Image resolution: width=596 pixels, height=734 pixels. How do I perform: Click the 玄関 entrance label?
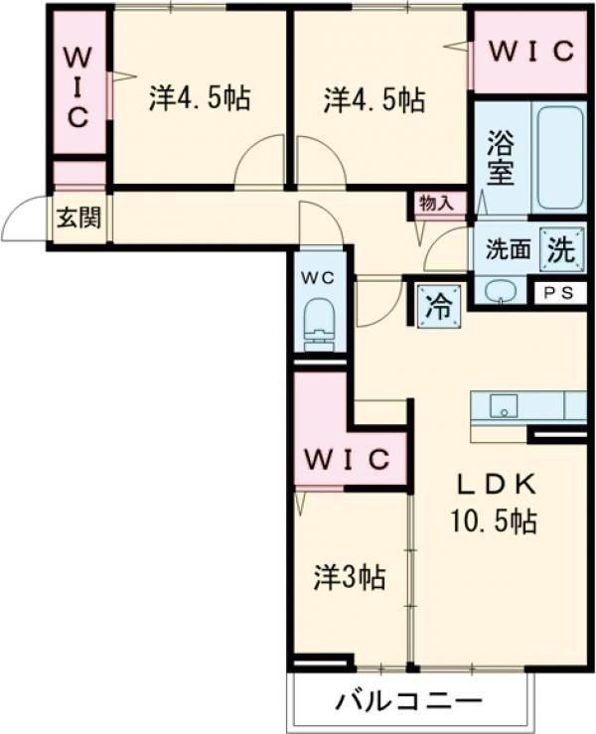coord(78,218)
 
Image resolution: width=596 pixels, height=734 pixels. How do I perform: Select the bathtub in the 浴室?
coord(560,158)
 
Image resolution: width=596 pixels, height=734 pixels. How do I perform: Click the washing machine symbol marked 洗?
coord(562,249)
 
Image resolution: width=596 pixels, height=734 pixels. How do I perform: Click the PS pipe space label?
coord(558,293)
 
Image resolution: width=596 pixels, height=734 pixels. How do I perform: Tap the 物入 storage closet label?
coord(437,204)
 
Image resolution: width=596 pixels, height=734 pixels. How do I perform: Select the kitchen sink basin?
coord(504,406)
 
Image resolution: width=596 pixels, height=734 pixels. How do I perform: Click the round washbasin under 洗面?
coord(501,292)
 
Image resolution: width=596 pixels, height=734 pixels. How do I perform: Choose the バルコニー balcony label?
coord(409,701)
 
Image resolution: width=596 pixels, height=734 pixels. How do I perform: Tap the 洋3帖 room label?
coord(350,578)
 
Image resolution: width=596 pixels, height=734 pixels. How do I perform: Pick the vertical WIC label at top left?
coord(77,87)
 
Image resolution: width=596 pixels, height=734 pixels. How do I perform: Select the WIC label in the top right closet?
coord(531,52)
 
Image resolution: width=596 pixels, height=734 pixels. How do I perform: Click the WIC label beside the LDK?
coord(348,459)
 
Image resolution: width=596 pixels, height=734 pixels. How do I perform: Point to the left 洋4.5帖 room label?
coord(200,98)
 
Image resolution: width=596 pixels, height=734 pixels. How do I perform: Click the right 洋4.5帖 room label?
coord(374,99)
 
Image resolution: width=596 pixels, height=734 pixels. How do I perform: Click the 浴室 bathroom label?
coord(500,158)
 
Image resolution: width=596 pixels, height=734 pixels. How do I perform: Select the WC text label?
coord(318,278)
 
